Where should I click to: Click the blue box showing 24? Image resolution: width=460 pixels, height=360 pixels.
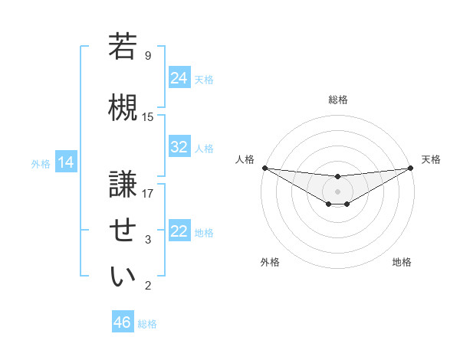[179, 78]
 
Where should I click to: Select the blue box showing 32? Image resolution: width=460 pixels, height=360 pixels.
[179, 147]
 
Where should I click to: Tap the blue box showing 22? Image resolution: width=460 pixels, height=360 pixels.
[179, 231]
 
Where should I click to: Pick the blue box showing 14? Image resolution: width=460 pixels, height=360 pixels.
[65, 162]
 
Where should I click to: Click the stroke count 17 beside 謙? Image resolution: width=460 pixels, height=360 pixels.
[148, 193]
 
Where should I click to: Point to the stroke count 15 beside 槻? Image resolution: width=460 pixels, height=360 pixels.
[148, 116]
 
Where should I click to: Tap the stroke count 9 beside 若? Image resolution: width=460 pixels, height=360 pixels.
[148, 55]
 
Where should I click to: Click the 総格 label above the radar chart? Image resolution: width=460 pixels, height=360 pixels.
[337, 100]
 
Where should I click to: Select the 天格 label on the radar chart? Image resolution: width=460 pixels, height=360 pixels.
[431, 159]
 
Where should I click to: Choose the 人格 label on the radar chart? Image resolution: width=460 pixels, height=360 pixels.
[244, 159]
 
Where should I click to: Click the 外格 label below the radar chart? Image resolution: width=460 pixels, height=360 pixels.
[270, 262]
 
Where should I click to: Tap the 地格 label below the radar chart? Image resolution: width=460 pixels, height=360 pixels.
[402, 262]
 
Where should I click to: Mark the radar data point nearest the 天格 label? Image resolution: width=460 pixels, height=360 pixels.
[410, 168]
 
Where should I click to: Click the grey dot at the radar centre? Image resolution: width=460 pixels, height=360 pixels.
[337, 191]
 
